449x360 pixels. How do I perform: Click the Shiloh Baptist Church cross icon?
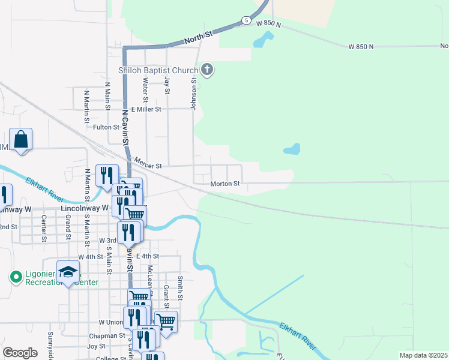coord(207,70)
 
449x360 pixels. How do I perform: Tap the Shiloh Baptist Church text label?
coord(158,70)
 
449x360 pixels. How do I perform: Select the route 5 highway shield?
coord(246,20)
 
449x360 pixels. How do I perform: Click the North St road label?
coord(199,37)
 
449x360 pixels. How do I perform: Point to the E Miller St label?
coord(142,109)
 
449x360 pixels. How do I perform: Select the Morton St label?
coord(225,184)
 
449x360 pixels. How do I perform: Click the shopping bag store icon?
coord(21,140)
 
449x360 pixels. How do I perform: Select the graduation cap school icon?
coord(68,272)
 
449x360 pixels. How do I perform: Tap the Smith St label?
coord(180,289)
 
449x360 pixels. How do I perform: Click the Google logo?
coord(20,353)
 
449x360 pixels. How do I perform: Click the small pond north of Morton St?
coord(292,149)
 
